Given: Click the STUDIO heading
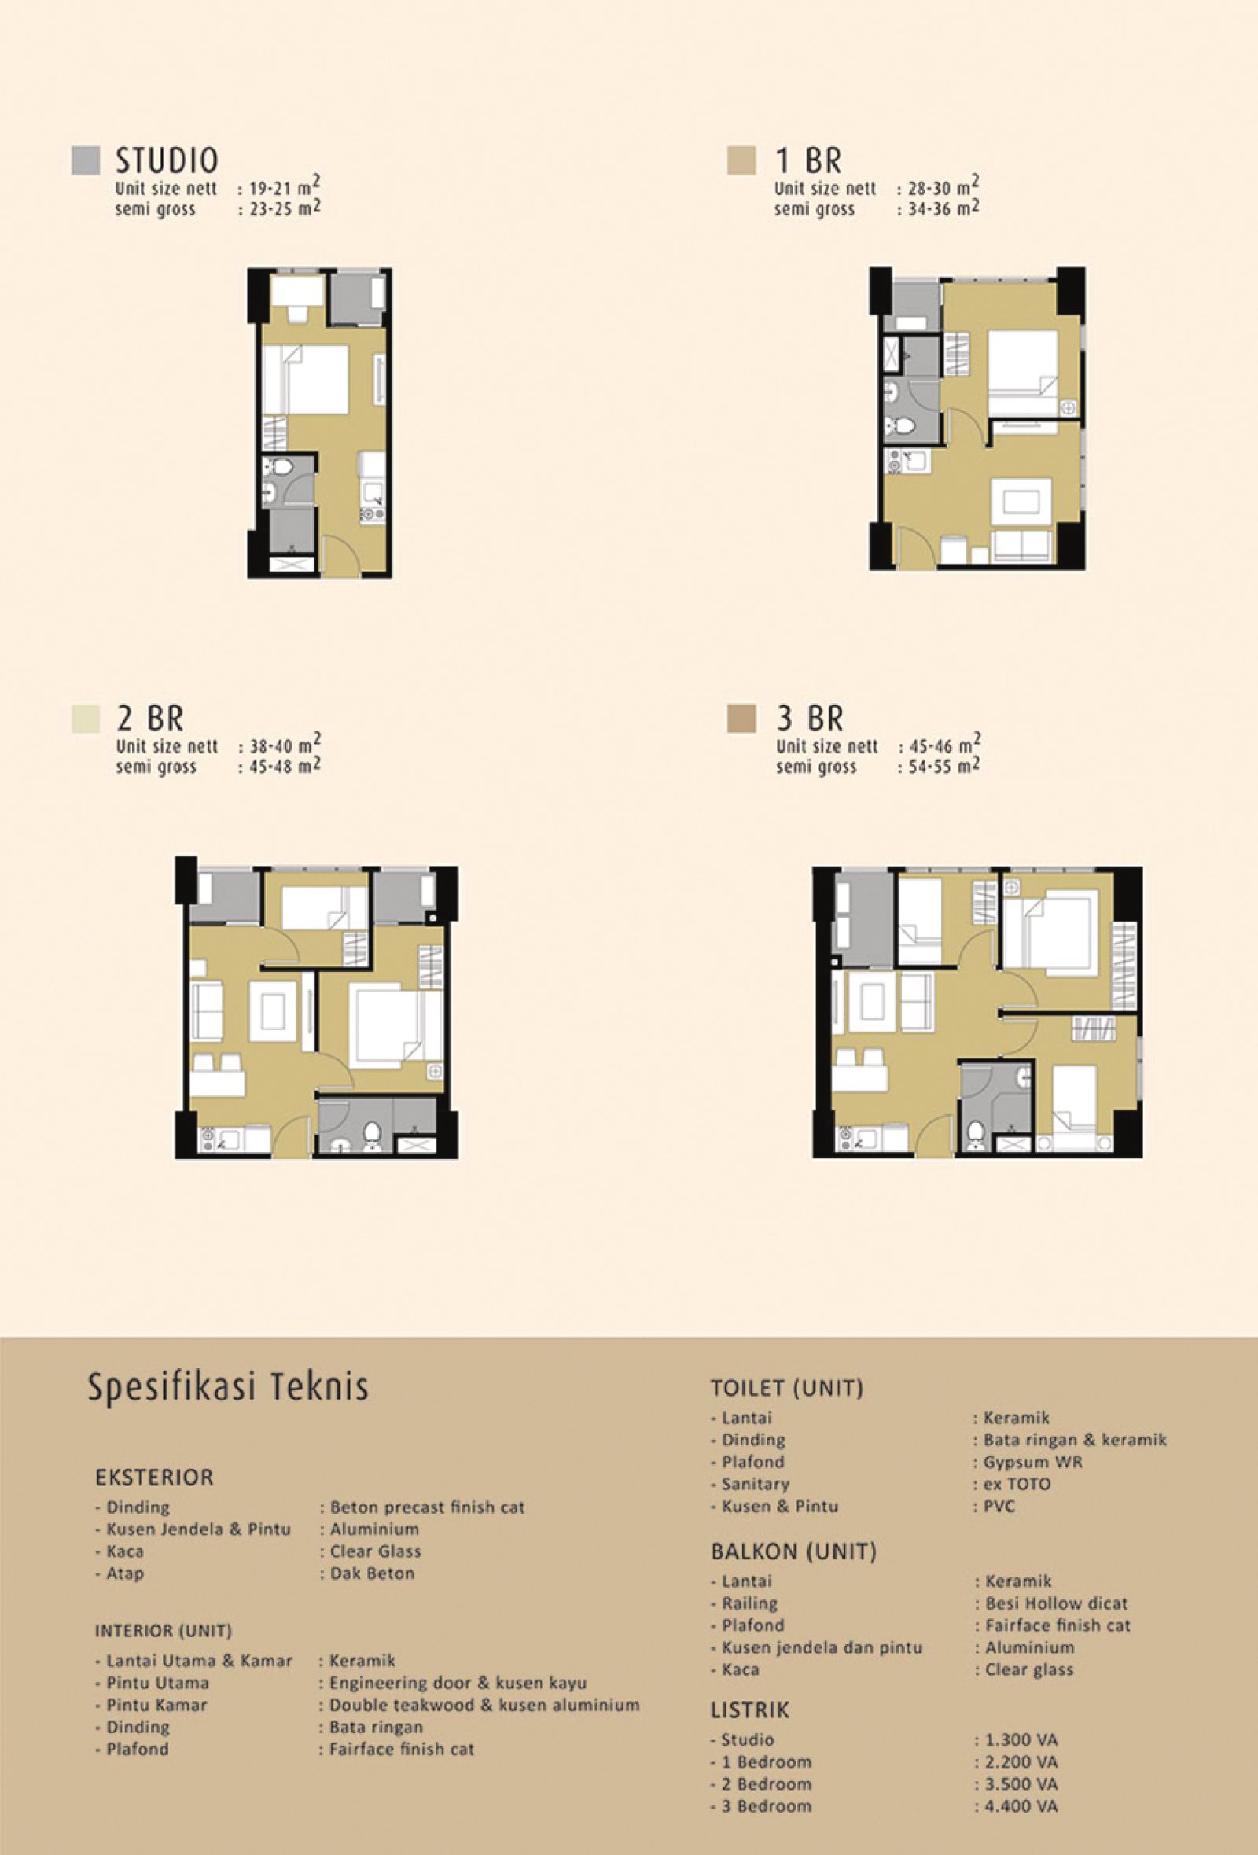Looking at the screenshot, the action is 167,160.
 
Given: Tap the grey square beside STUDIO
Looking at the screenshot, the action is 86,160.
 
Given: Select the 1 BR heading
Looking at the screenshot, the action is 808,160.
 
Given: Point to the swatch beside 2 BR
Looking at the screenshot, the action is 86,719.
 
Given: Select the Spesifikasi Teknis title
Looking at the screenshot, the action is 228,1386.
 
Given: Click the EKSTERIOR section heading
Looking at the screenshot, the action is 155,1478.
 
